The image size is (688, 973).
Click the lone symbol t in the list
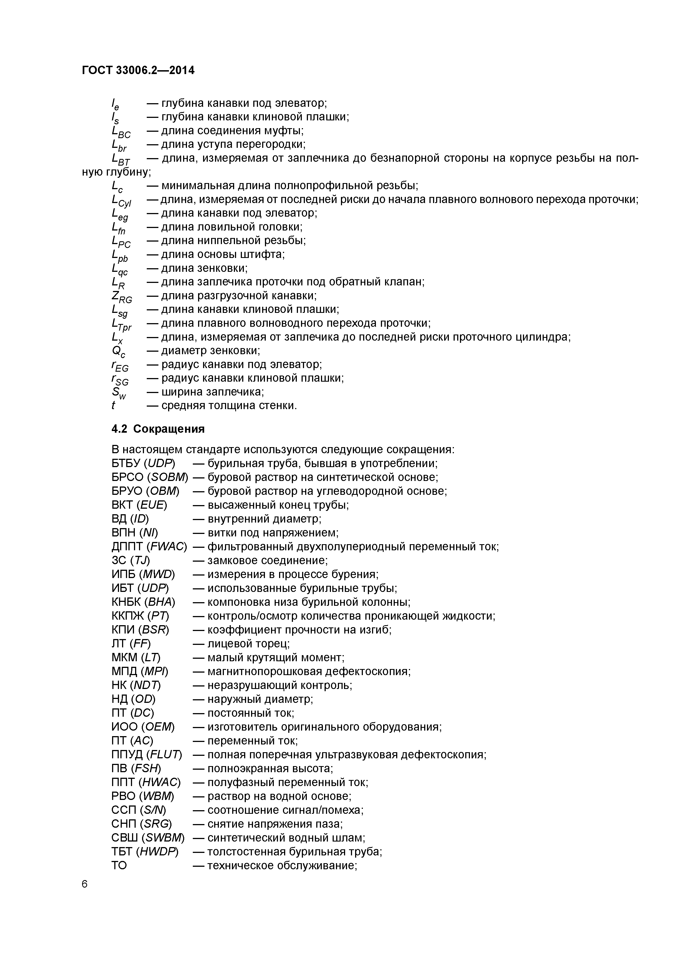(x=113, y=406)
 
